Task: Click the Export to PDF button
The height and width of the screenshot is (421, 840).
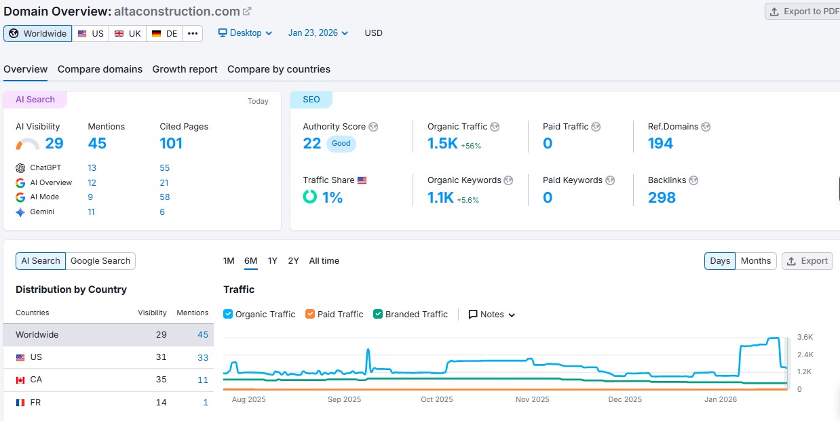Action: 803,12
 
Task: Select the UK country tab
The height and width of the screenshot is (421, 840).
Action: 128,33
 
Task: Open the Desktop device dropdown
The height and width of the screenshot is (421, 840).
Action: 245,33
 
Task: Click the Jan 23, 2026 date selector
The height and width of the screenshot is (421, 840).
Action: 318,33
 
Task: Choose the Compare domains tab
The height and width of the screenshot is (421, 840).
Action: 100,69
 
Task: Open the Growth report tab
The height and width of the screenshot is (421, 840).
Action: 185,69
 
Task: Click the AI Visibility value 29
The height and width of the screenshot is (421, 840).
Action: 54,143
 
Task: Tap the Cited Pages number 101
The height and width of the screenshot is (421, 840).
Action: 171,143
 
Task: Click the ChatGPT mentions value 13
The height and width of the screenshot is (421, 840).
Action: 92,168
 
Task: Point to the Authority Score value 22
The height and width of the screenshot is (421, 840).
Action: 312,143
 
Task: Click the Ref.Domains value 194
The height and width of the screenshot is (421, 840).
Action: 660,143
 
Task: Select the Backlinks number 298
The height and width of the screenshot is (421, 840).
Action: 662,197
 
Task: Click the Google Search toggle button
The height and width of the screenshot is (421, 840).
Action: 100,261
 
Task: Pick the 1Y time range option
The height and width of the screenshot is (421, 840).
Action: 272,261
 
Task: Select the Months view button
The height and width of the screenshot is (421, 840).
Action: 756,261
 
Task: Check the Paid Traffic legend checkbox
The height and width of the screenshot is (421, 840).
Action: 310,315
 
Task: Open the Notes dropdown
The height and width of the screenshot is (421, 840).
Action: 492,315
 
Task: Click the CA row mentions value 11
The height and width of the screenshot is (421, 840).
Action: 203,380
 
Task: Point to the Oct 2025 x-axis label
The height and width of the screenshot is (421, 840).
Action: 437,399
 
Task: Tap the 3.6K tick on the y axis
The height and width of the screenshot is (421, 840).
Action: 805,338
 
